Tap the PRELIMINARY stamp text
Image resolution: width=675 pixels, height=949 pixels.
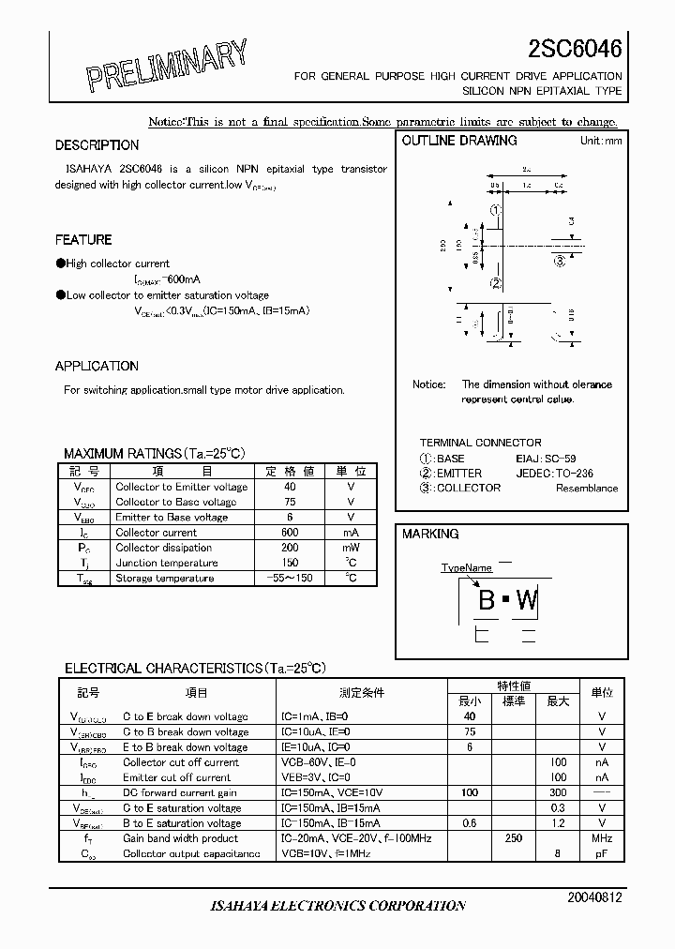click(x=168, y=68)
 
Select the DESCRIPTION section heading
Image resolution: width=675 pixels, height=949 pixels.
click(x=97, y=145)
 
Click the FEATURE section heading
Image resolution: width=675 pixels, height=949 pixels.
click(x=83, y=240)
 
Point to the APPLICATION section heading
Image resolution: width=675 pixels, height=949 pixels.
click(x=97, y=367)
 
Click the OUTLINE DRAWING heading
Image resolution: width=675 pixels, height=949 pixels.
click(x=459, y=141)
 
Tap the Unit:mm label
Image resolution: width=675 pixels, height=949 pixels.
click(x=601, y=141)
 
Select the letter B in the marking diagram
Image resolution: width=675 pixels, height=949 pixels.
click(x=487, y=600)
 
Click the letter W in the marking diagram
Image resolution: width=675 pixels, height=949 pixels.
click(x=528, y=600)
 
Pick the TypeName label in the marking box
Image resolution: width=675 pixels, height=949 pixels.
click(x=466, y=568)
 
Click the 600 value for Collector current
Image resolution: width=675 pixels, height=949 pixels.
click(x=290, y=533)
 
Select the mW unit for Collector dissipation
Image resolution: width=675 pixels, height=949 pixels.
click(x=351, y=548)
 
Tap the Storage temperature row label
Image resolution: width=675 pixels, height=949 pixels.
click(x=165, y=579)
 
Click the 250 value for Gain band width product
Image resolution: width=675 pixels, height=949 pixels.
click(x=514, y=838)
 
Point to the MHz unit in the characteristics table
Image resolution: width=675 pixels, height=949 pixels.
click(x=601, y=838)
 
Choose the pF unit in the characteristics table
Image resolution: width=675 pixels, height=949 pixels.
click(x=601, y=853)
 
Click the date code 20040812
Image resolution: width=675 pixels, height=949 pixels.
click(x=594, y=897)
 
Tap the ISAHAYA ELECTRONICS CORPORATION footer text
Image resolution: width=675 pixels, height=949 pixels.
click(x=337, y=906)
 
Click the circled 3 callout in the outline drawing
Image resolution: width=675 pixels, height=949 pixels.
click(x=560, y=262)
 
